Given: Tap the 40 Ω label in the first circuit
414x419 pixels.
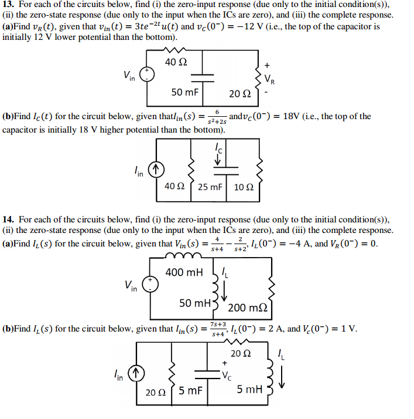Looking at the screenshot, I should tap(176, 62).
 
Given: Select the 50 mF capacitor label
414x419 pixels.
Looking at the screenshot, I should tap(184, 92).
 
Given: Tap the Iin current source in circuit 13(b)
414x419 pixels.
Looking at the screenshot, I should tap(156, 170).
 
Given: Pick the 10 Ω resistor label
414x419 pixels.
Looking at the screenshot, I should tap(243, 187).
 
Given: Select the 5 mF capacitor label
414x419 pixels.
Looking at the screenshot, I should tap(191, 389).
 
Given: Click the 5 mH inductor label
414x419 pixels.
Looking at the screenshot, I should tap(249, 389).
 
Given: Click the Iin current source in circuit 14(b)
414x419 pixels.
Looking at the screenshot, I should tap(135, 371).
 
